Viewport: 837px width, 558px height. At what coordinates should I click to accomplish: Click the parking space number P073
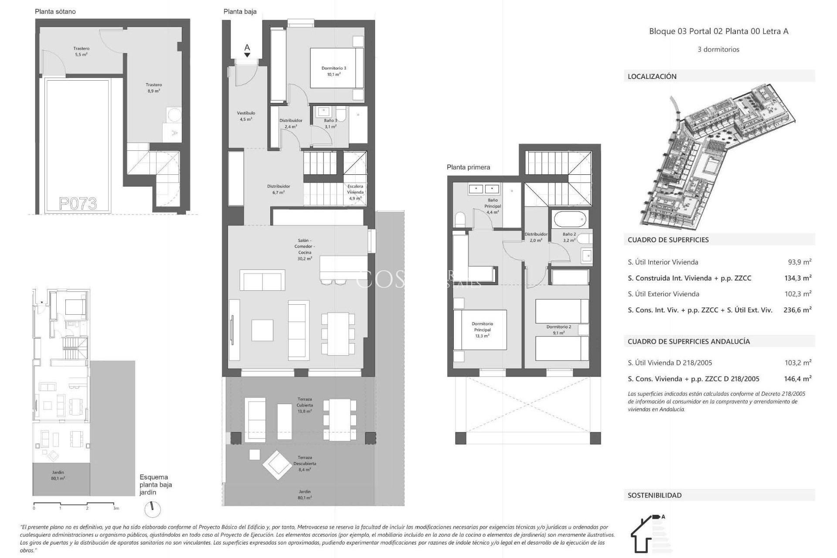(x=78, y=204)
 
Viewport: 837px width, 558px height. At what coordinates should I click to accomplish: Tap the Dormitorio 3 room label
(x=334, y=71)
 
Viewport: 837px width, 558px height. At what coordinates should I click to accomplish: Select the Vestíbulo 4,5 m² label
(x=246, y=116)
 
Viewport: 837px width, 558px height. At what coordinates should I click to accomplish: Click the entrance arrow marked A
(x=247, y=50)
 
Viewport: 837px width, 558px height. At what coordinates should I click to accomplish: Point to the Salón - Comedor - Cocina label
(x=305, y=249)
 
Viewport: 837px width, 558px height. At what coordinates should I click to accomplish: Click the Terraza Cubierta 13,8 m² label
(x=305, y=405)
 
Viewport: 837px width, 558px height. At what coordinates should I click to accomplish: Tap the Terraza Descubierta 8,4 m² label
(x=305, y=463)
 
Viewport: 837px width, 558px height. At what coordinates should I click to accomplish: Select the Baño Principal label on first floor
(x=493, y=206)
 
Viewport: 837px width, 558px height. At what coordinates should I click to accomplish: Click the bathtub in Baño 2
(x=569, y=218)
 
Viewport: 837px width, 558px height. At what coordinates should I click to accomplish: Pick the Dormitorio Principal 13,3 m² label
(x=482, y=330)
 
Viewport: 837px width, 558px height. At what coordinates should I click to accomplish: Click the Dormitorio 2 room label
(x=558, y=330)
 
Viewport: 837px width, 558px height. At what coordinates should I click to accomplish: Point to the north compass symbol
(x=153, y=509)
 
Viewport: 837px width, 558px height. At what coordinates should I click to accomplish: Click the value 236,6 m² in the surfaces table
(x=797, y=310)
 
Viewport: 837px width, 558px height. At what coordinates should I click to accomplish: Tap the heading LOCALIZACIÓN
(x=652, y=76)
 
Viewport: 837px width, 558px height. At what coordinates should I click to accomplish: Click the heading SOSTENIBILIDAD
(x=654, y=495)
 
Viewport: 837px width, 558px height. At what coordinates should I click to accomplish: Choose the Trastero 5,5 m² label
(x=82, y=51)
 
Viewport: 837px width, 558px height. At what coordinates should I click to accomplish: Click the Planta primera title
(x=468, y=167)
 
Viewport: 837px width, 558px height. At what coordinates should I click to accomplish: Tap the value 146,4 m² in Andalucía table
(x=797, y=379)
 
